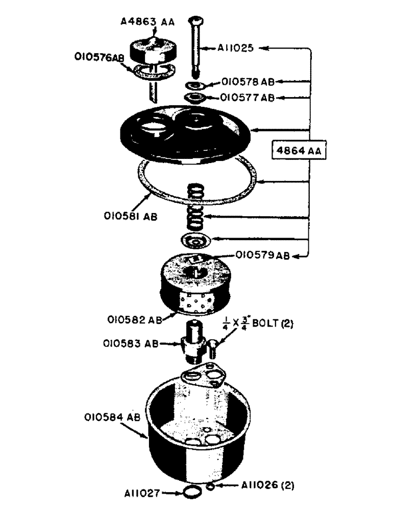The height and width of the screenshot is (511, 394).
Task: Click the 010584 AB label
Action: tap(112, 417)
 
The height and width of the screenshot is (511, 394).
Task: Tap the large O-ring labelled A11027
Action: tap(190, 494)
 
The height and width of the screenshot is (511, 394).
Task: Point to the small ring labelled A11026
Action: tap(210, 487)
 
